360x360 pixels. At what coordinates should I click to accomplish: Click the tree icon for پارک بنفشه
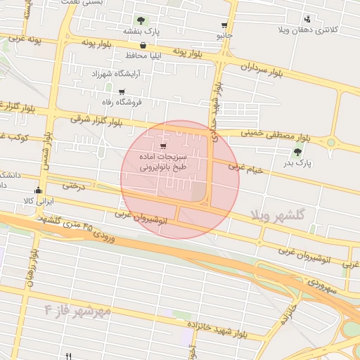tap(141, 20)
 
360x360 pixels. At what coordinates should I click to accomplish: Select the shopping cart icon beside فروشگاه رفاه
tap(122, 91)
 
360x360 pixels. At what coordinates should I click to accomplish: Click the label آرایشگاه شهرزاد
tap(116, 73)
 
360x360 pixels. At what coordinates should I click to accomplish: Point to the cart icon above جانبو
tap(224, 25)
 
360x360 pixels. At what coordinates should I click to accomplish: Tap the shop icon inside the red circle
tap(164, 146)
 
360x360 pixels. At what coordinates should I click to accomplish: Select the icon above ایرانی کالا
tap(38, 190)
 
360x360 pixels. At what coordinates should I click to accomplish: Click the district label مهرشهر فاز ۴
tap(77, 309)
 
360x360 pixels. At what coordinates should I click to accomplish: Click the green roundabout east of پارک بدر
tap(330, 143)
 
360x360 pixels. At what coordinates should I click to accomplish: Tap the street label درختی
tap(73, 186)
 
